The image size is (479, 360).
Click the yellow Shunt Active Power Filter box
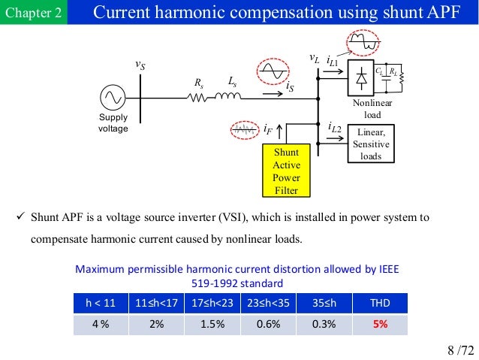pos(286,171)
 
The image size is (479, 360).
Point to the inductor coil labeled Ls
pos(229,96)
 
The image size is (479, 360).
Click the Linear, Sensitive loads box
pos(370,144)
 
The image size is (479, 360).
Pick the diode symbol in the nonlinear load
pos(362,76)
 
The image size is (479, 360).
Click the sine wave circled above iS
pos(269,71)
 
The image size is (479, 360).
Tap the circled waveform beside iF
pos(245,131)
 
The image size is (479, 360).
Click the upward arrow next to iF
pos(279,132)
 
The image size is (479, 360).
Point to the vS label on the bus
pos(140,65)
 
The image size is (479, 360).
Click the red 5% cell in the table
pos(380,325)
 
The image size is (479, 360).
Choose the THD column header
pos(380,304)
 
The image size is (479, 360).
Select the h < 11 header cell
pos(101,304)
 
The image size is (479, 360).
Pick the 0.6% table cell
pos(268,325)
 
